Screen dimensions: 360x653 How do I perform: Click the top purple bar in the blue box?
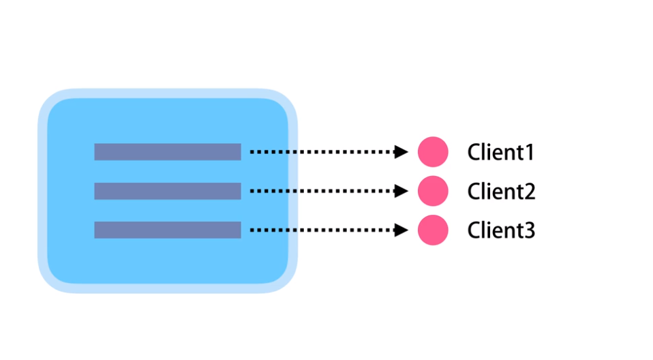pos(168,152)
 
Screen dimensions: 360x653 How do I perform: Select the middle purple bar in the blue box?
pos(168,191)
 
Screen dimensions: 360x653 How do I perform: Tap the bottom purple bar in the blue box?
pos(168,230)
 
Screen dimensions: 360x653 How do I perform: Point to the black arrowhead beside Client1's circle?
pos(402,152)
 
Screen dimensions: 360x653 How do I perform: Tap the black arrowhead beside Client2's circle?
pos(402,192)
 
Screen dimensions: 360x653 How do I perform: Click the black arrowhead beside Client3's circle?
pos(402,230)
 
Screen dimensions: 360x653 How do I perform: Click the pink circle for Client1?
pos(433,152)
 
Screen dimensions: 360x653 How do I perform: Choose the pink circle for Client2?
pos(433,191)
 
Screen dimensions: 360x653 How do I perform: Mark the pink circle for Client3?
pos(433,230)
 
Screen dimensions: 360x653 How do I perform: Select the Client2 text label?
pos(501,192)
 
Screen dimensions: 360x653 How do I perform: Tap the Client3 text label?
pos(501,230)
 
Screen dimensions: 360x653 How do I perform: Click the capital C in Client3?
pos(474,230)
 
